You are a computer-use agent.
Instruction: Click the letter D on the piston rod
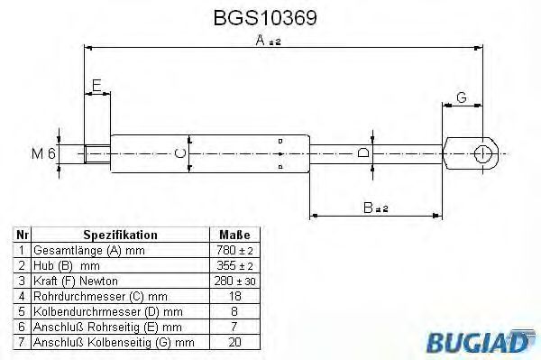coord(362,153)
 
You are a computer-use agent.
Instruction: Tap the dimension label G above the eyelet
coord(461,97)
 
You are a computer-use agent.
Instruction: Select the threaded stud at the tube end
coord(96,154)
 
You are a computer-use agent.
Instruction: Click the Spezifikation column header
coord(120,235)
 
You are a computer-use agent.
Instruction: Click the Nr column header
coord(23,235)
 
